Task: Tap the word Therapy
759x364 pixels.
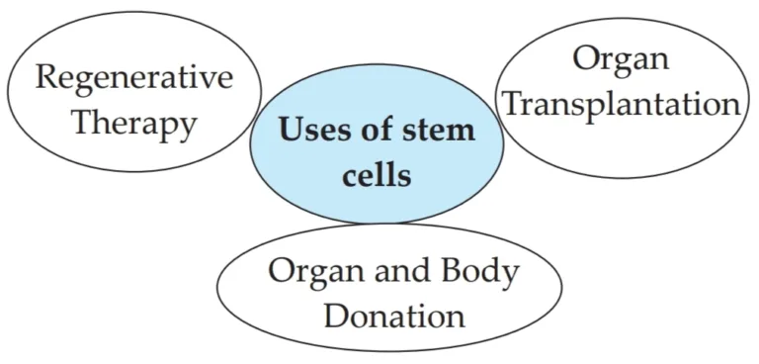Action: click(134, 125)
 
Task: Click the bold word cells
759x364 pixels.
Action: click(377, 175)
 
